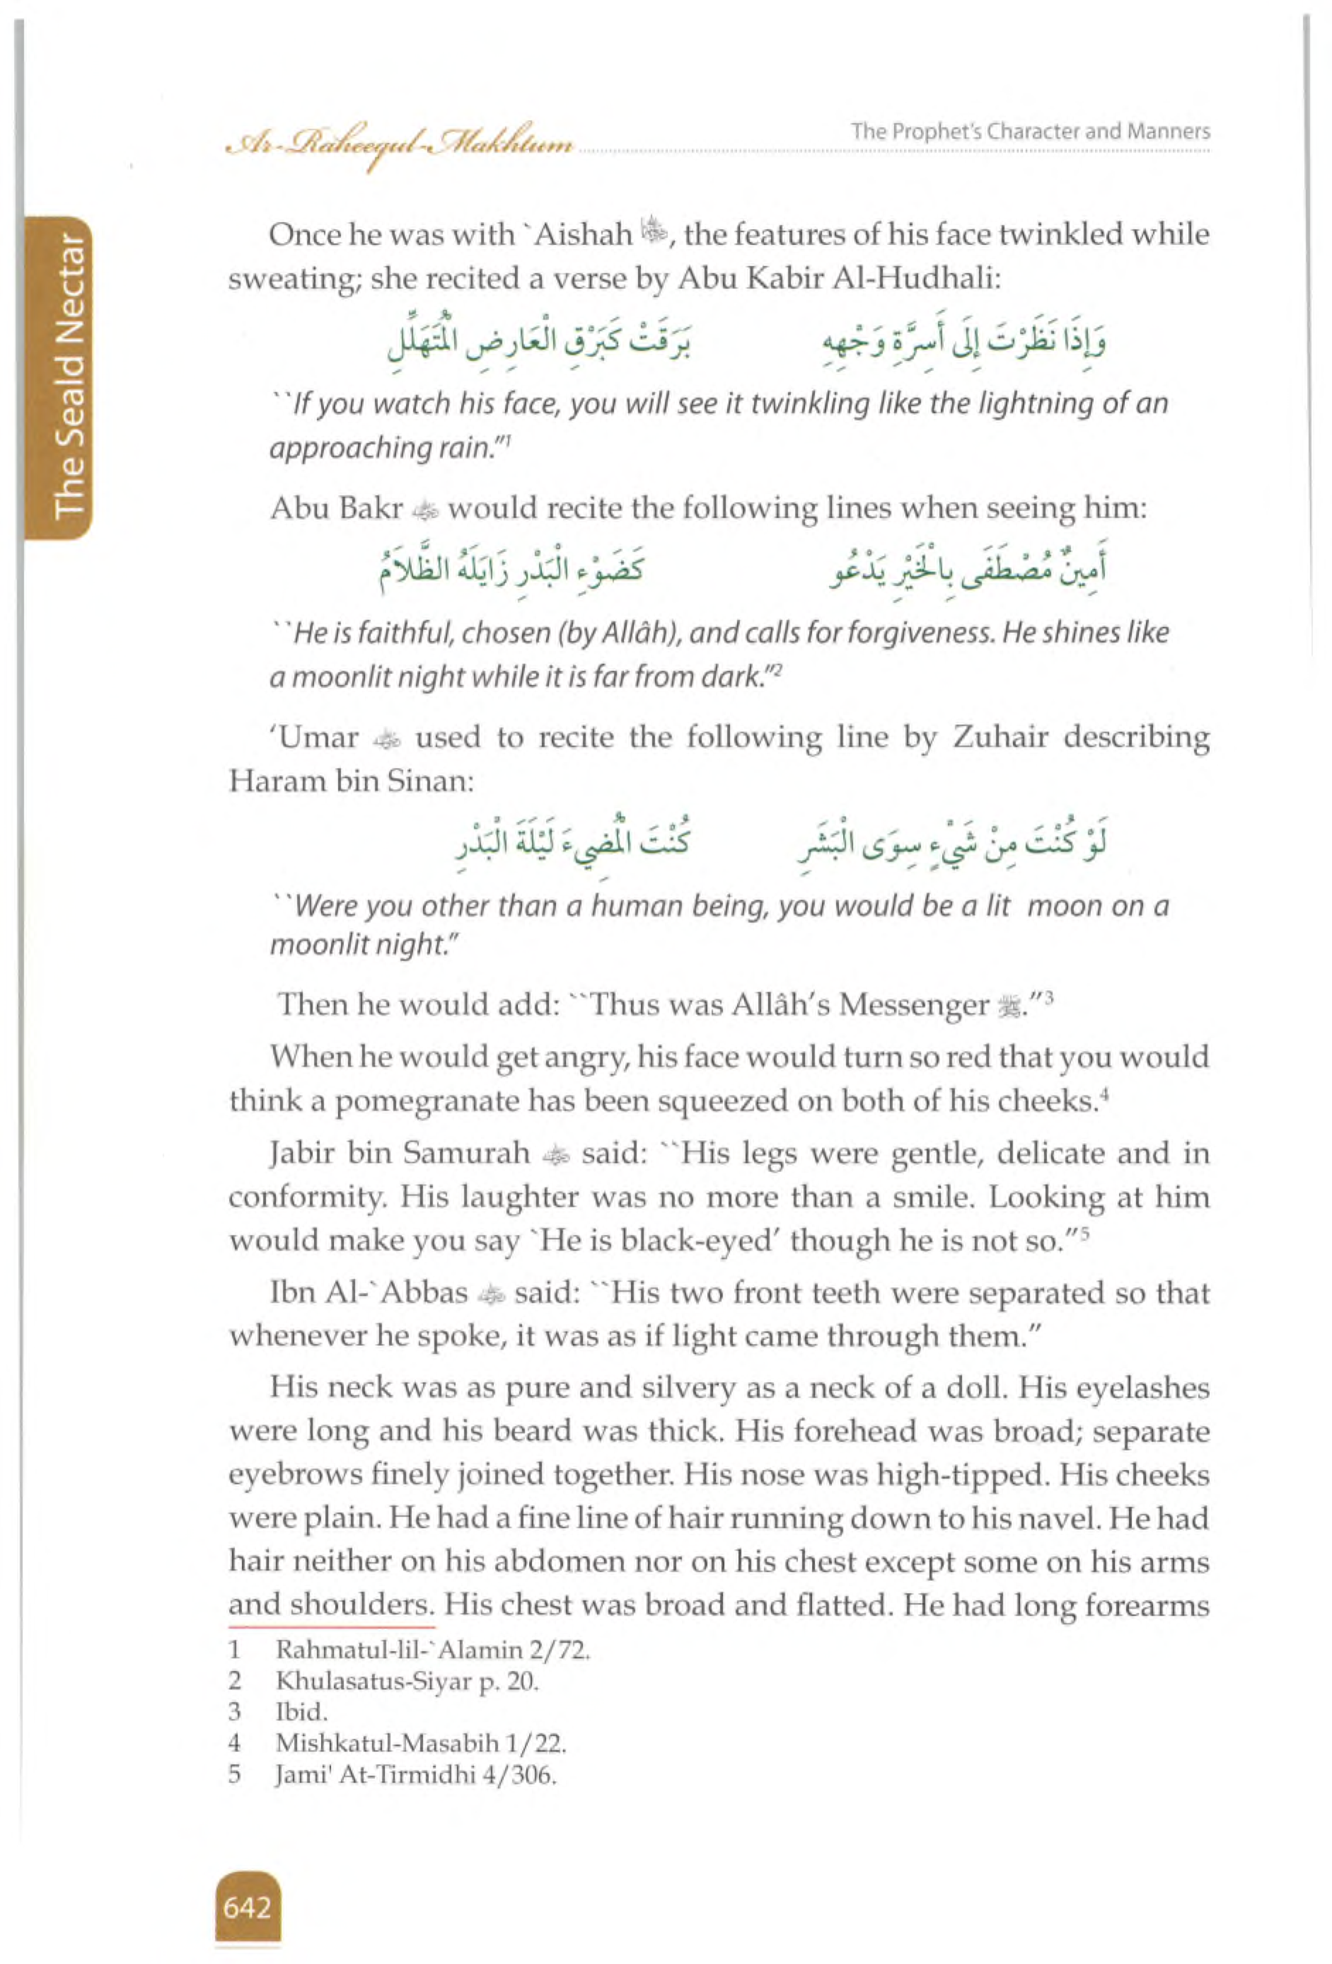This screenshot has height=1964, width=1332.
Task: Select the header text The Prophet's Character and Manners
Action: click(1030, 132)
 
